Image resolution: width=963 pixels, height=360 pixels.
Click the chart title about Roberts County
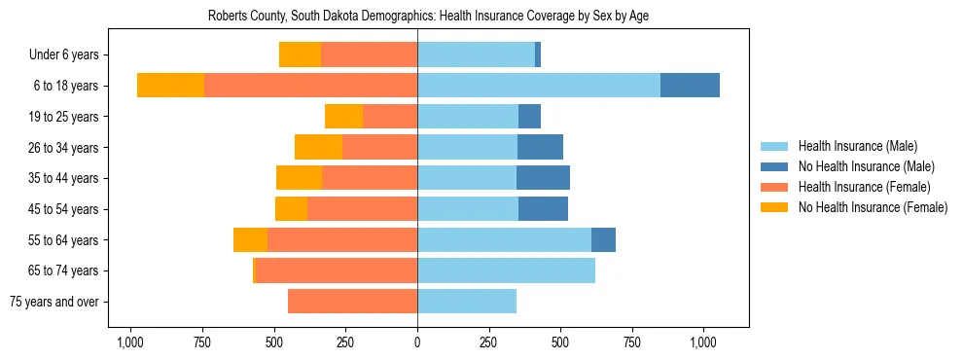point(427,17)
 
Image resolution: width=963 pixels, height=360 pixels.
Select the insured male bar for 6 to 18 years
point(538,86)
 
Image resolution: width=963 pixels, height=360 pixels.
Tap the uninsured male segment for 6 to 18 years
point(690,86)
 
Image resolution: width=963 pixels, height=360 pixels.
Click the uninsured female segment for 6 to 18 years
point(170,86)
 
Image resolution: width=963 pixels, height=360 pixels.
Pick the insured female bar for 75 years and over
point(352,302)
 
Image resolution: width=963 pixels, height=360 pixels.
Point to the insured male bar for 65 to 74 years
point(506,270)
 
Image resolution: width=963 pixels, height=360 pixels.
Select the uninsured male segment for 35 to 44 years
point(543,178)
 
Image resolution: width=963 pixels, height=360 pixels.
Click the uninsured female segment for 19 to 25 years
point(343,117)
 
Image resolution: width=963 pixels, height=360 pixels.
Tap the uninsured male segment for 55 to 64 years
point(603,239)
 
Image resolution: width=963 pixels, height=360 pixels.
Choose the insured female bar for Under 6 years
point(369,54)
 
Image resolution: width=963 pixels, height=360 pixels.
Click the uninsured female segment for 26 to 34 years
point(318,147)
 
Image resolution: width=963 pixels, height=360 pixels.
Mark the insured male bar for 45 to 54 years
point(468,209)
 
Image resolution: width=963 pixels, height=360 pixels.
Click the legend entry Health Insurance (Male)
point(857,146)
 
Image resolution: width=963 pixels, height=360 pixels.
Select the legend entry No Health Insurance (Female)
point(872,207)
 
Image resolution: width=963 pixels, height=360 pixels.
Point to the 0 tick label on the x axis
point(417,342)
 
